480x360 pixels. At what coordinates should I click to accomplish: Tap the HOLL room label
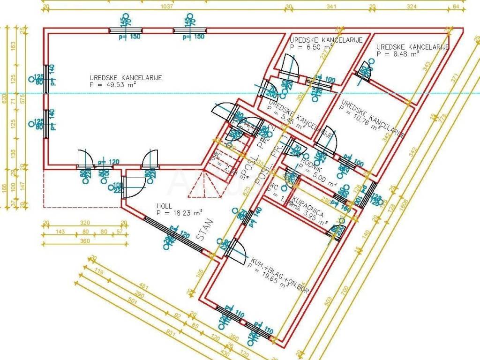[164, 205]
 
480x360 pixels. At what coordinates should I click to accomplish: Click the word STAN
[205, 230]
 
